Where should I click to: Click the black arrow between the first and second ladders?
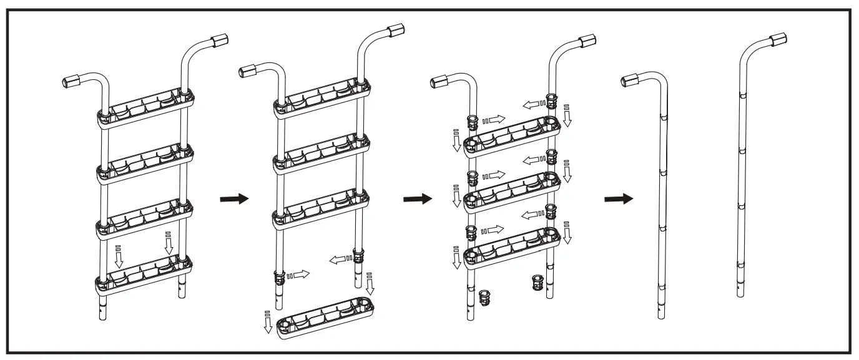(x=234, y=199)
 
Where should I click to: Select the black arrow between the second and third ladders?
(x=417, y=199)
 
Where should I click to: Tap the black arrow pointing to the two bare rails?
(x=619, y=199)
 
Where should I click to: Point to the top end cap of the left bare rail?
(x=632, y=79)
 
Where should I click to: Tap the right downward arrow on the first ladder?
(x=168, y=242)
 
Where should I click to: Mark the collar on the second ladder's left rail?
(x=279, y=277)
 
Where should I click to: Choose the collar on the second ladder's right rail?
(x=358, y=256)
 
